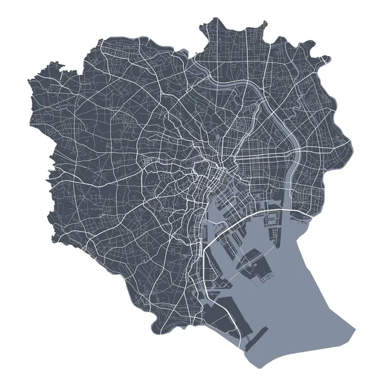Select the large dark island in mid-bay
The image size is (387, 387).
click(257, 264)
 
